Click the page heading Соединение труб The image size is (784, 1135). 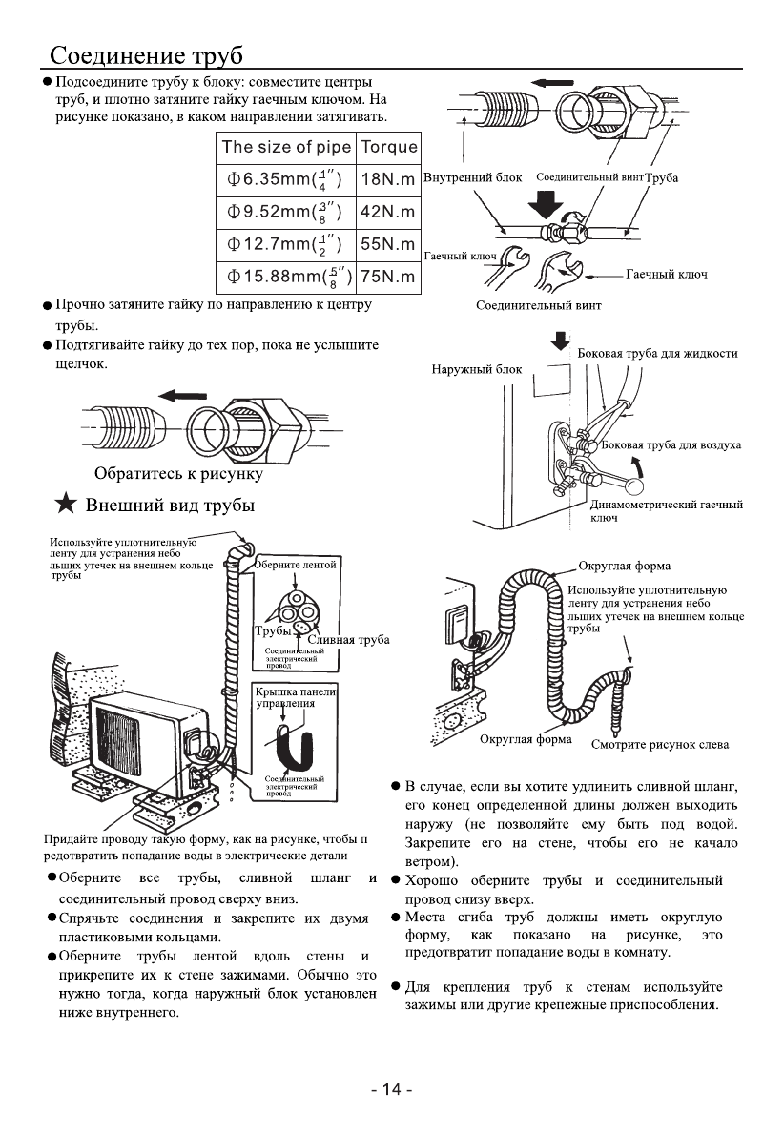tap(147, 53)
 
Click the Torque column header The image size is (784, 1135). tap(386, 146)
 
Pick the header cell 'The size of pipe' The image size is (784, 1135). tap(284, 146)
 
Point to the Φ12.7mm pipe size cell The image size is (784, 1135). tap(284, 243)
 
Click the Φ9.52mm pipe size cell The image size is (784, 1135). tap(284, 211)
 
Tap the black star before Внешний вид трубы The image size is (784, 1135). tap(65, 505)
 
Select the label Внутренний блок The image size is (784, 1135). tap(471, 178)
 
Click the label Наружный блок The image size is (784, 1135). tap(474, 369)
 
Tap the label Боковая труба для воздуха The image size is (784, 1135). tap(671, 445)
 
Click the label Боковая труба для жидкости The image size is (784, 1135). tap(658, 354)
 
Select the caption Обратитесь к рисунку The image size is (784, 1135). tap(177, 472)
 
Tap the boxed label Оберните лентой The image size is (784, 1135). tap(297, 565)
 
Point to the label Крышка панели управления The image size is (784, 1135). tap(296, 698)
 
